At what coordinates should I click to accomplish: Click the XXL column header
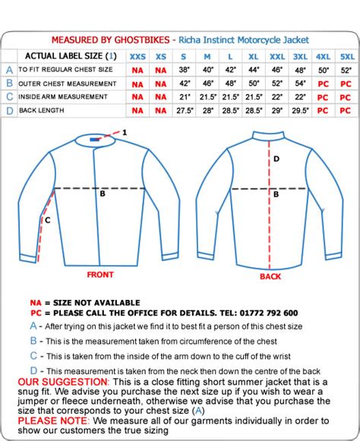tap(277, 55)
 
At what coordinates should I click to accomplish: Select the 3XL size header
tap(300, 55)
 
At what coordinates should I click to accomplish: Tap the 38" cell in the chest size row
tap(184, 69)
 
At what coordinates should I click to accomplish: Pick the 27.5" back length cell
tap(184, 111)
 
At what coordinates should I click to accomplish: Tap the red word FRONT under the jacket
tap(99, 275)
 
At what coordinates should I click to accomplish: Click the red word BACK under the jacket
tap(270, 277)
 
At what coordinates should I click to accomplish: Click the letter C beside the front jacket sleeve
tap(46, 221)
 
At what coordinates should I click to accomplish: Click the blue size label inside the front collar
tap(93, 139)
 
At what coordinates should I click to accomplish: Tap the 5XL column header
tap(346, 55)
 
